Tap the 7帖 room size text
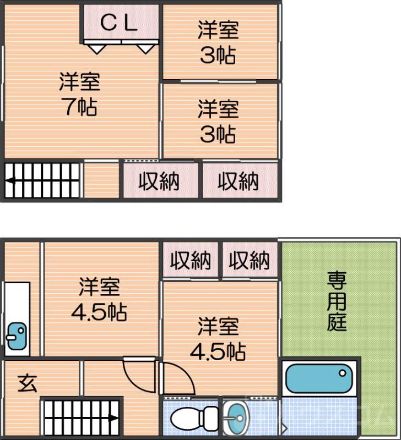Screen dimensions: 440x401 coord(80,107)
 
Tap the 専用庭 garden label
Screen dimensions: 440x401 coord(337,301)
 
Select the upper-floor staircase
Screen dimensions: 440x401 coord(43,180)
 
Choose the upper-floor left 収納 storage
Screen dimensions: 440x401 coord(159,181)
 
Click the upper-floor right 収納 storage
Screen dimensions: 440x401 coord(238,181)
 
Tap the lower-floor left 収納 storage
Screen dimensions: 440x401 coord(190,260)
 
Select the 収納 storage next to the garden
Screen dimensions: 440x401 coord(250,260)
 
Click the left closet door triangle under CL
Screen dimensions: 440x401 coord(97,48)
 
